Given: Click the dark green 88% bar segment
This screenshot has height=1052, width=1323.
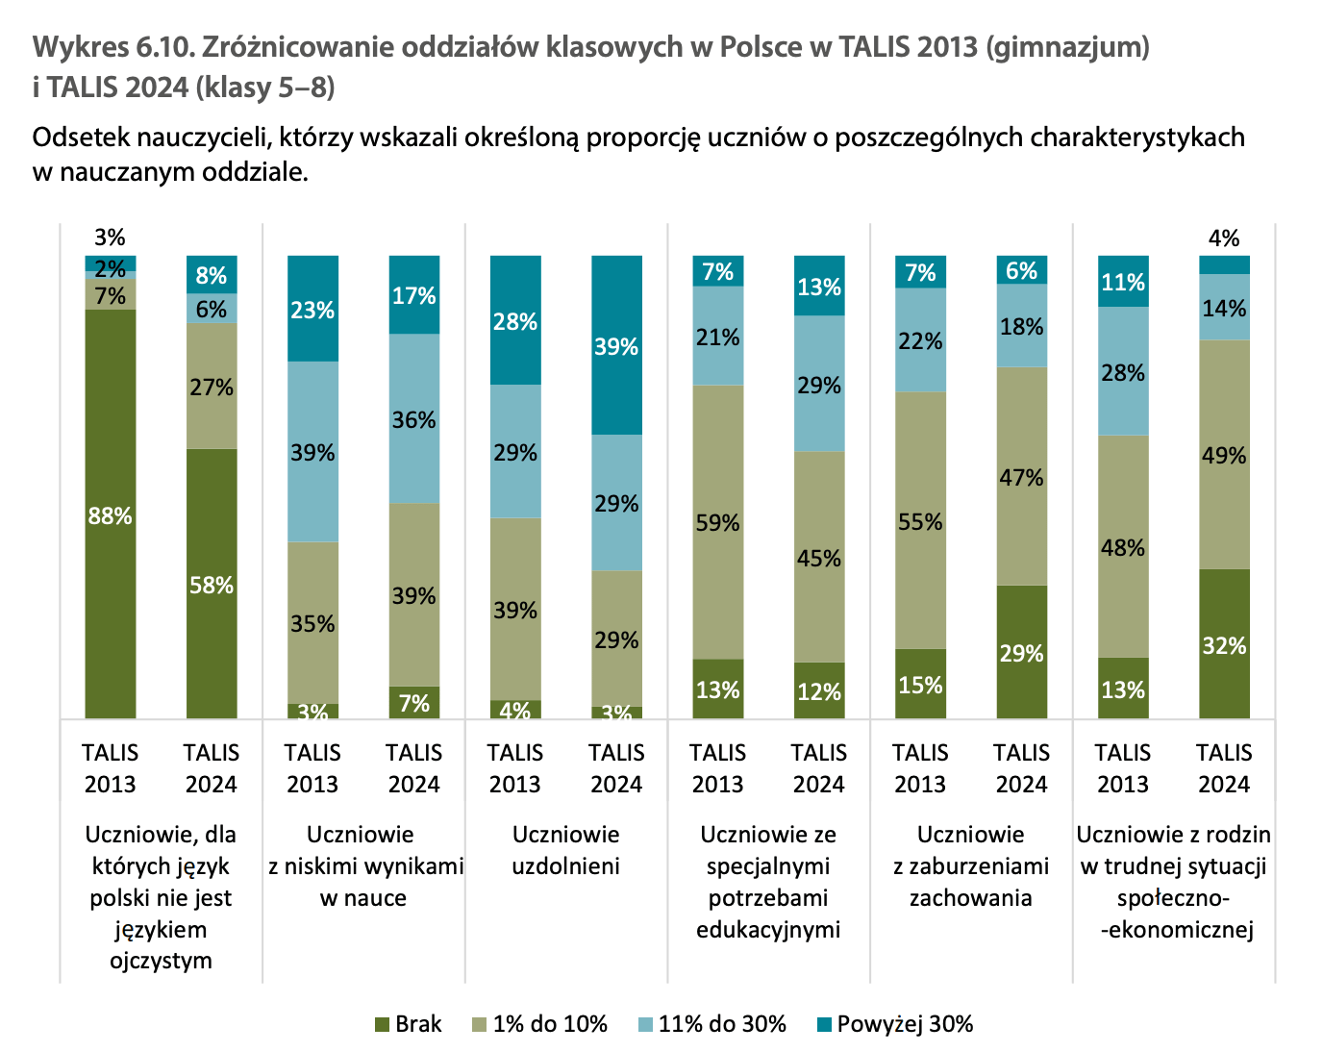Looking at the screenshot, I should [110, 514].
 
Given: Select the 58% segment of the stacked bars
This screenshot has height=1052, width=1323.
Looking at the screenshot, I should [212, 584].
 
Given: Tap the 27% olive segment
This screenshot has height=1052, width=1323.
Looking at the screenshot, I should [212, 387].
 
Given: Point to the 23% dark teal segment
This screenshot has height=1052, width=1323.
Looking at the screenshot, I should [312, 309].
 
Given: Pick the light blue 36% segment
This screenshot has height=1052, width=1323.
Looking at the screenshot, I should [414, 419].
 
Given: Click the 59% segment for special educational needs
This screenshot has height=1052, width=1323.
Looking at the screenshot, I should [718, 522].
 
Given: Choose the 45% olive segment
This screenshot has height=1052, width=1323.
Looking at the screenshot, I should [819, 558].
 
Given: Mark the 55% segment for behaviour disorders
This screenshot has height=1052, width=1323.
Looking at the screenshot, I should [920, 521].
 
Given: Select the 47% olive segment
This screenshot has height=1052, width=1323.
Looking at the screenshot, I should [1021, 477].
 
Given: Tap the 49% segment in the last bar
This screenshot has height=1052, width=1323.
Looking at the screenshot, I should [1224, 455].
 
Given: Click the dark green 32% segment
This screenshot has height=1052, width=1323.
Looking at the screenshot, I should [1224, 644].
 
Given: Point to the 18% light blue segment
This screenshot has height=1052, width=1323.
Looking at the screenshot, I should [1021, 326].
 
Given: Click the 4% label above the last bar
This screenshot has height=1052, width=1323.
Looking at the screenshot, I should [1224, 238].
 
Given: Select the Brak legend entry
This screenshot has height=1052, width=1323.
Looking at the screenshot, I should [408, 1024].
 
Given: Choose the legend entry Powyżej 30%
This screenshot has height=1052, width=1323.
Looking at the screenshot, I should [894, 1024].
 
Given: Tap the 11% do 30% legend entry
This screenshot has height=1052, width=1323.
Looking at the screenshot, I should [711, 1024].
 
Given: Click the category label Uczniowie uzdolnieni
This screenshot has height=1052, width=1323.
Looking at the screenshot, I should [565, 850].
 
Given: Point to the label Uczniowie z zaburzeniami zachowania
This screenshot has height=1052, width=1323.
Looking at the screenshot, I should [970, 865].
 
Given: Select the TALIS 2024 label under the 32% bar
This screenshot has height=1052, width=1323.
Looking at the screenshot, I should [1224, 768].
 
